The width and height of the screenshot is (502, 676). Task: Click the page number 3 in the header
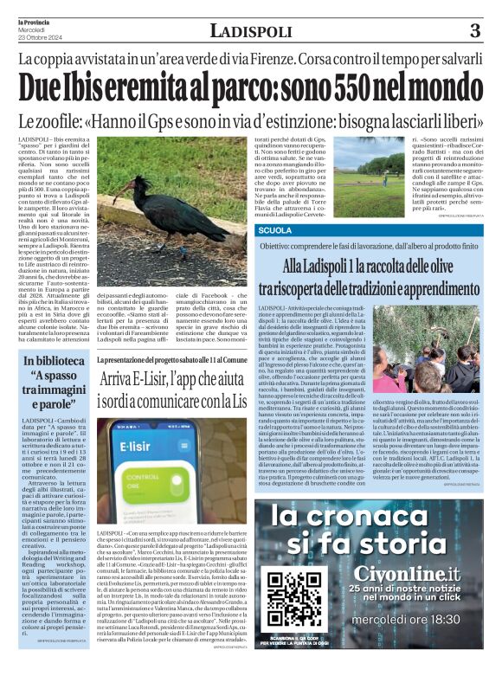474,32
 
